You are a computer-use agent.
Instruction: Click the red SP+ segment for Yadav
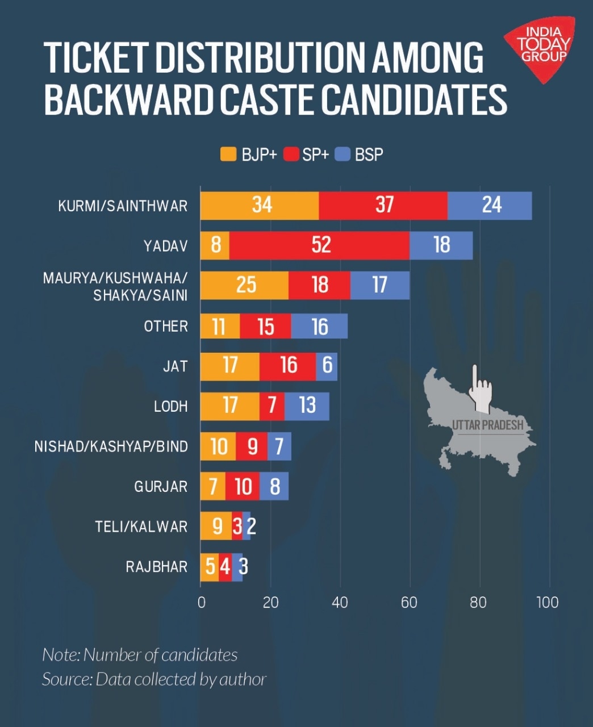pos(319,245)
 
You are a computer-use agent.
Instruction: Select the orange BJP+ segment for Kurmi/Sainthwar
pos(260,205)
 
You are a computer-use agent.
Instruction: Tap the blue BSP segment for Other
pos(319,327)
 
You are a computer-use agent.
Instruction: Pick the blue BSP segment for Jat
pos(327,366)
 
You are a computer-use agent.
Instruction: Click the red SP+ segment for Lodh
pos(272,406)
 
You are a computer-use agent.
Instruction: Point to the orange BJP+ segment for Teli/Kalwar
pos(216,526)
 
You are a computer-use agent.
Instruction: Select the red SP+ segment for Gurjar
pos(243,486)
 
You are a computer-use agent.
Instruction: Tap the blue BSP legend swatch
pos(342,154)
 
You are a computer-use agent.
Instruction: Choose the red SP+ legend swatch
pos(291,154)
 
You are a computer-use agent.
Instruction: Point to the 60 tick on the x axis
pos(409,603)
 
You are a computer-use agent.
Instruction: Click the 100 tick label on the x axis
pos(547,603)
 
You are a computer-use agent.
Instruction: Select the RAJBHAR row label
pos(156,567)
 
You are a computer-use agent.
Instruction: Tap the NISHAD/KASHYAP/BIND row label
pos(111,446)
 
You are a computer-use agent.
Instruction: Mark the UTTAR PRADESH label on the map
pos(487,425)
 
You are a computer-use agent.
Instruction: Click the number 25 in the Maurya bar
pos(246,285)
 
